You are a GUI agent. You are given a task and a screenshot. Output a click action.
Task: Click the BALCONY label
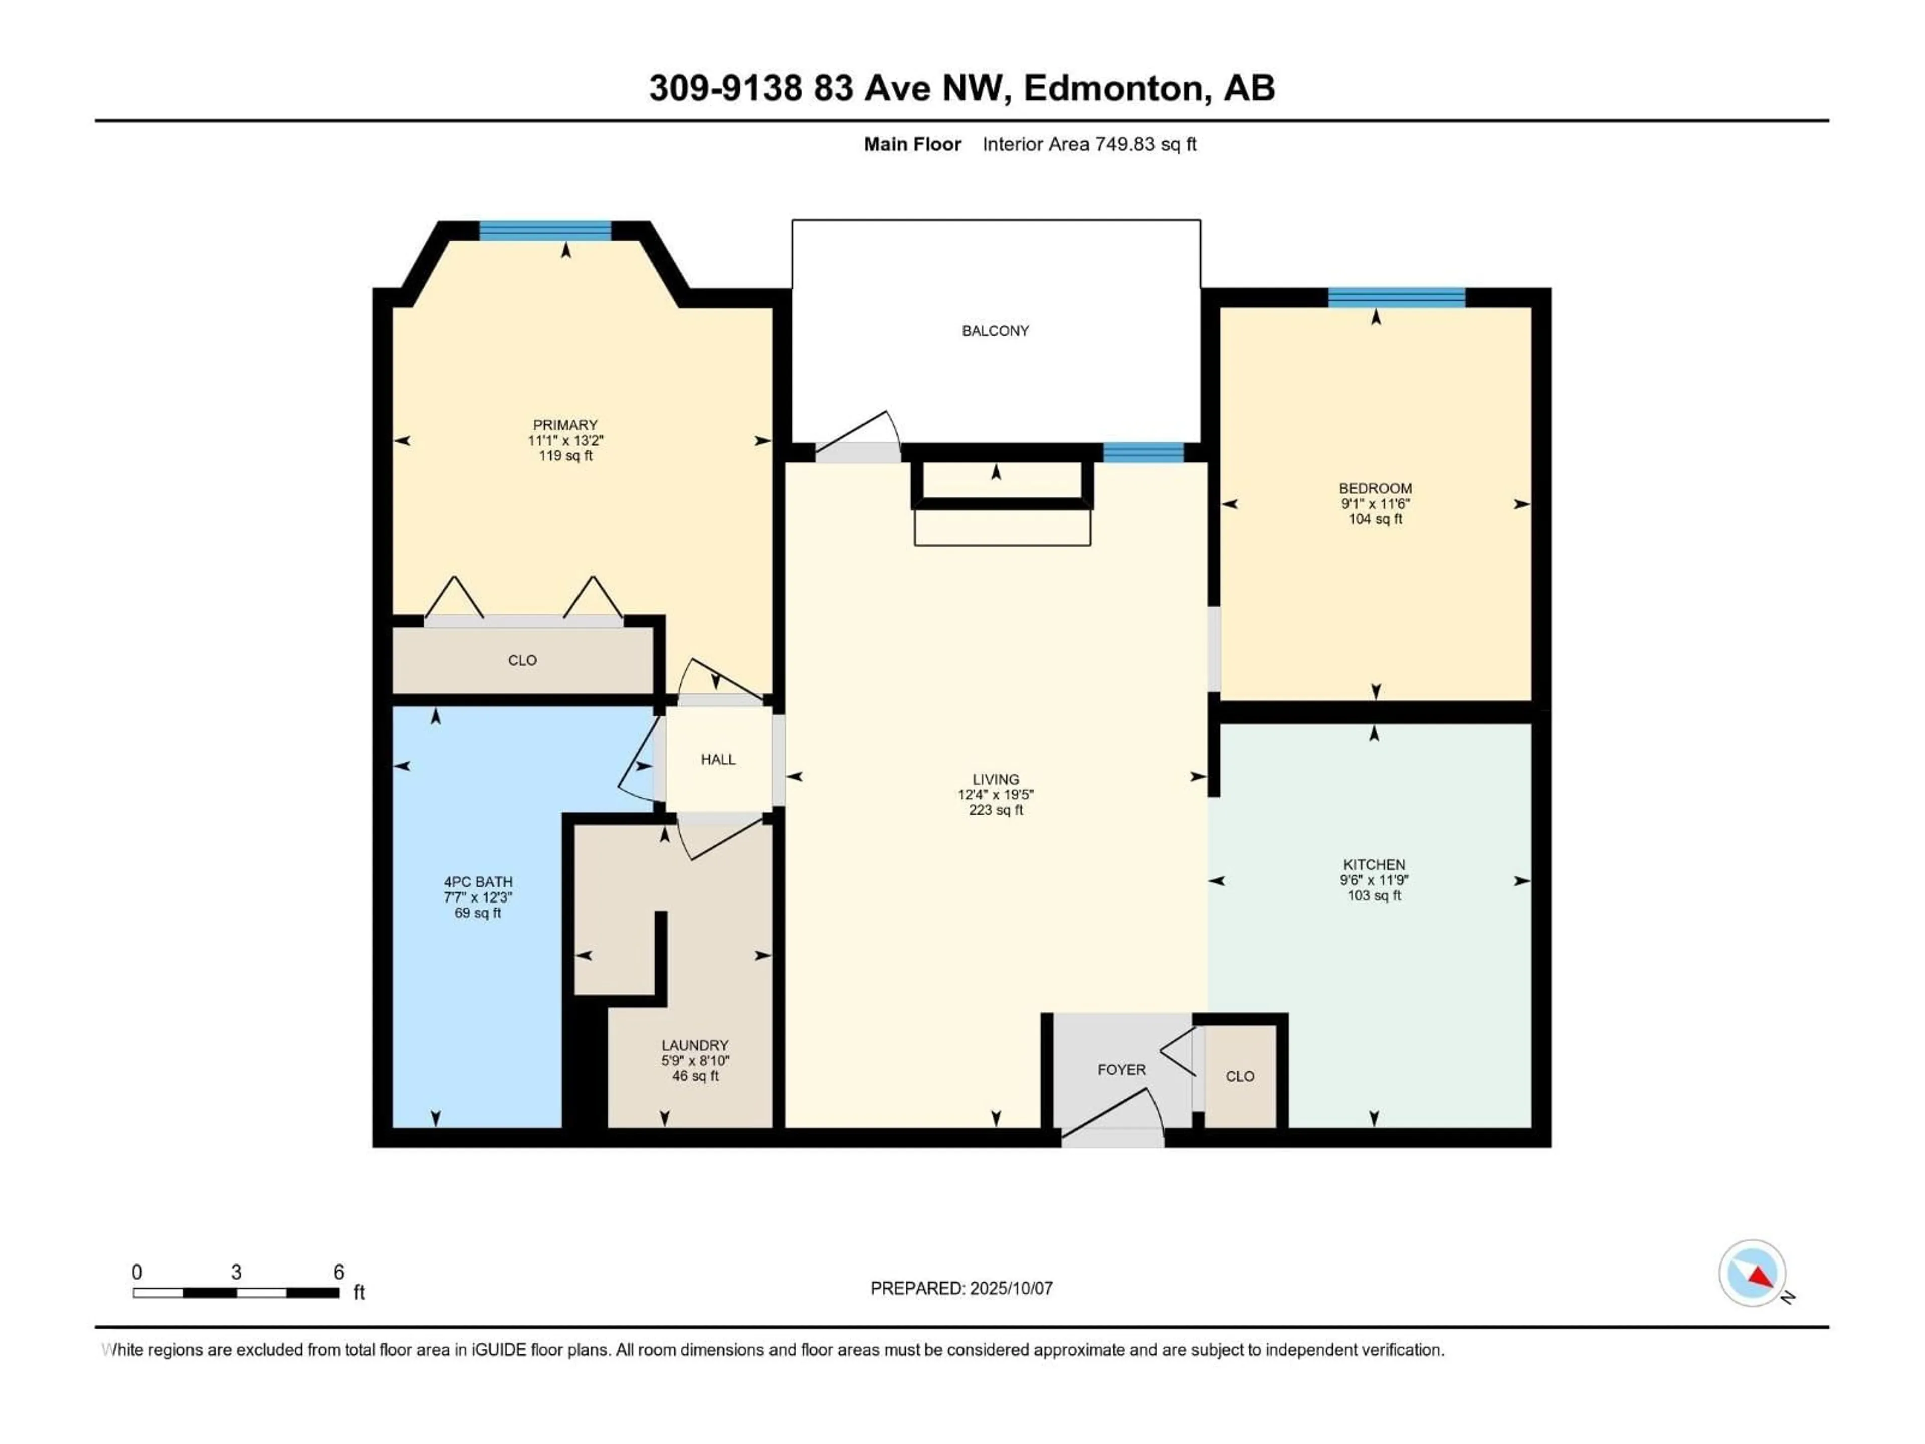(x=996, y=331)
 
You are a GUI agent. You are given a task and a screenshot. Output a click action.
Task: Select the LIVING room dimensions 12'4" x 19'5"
(x=996, y=795)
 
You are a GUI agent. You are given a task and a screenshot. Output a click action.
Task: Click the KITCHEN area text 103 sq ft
(x=1374, y=895)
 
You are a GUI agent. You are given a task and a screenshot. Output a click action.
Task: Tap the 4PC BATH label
(x=478, y=882)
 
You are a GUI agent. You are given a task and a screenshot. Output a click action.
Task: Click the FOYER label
(x=1122, y=1070)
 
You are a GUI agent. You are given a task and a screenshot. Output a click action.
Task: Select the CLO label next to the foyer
(x=1240, y=1076)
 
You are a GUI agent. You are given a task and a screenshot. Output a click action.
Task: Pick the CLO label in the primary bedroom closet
(x=522, y=661)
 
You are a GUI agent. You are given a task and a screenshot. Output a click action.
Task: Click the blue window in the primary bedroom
(x=545, y=231)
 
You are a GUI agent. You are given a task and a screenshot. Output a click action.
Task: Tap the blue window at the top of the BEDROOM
(x=1397, y=298)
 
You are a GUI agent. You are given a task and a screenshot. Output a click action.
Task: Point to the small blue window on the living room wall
(x=1143, y=453)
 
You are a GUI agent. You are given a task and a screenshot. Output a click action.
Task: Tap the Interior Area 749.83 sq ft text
(x=1089, y=144)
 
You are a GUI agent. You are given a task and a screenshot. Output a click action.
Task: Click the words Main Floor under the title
(x=912, y=144)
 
